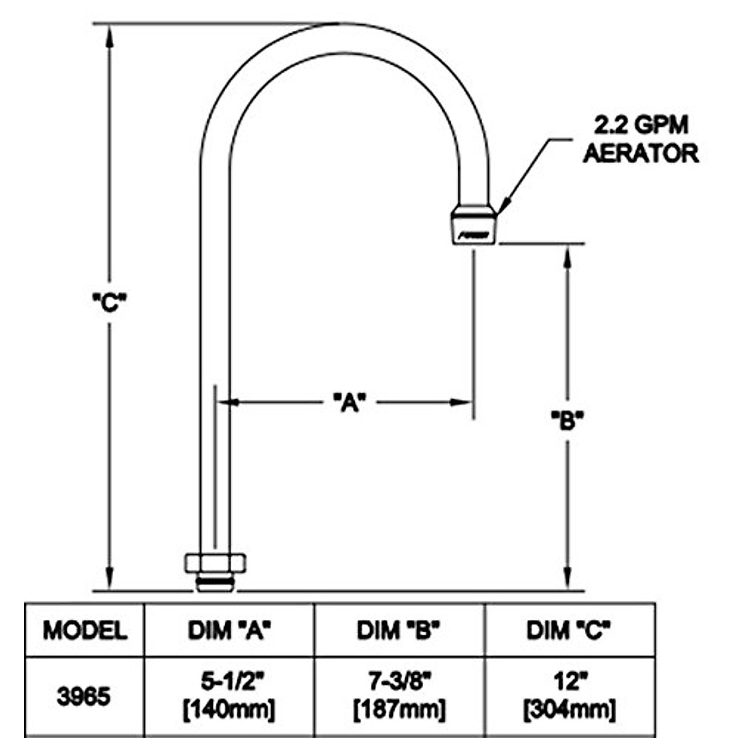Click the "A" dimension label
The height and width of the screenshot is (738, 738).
349,403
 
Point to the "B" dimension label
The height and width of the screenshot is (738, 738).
566,421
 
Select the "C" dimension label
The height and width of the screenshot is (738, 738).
109,302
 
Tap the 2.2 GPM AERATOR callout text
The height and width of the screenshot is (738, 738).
640,140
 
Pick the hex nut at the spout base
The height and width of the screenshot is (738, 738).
215,562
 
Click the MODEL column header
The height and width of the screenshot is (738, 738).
85,630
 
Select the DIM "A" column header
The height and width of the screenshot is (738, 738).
229,630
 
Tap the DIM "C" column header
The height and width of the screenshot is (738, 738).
568,630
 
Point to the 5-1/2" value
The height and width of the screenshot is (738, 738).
229,682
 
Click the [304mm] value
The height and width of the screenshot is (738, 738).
568,710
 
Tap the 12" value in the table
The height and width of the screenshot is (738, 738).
568,682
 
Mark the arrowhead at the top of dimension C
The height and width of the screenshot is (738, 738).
109,34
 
